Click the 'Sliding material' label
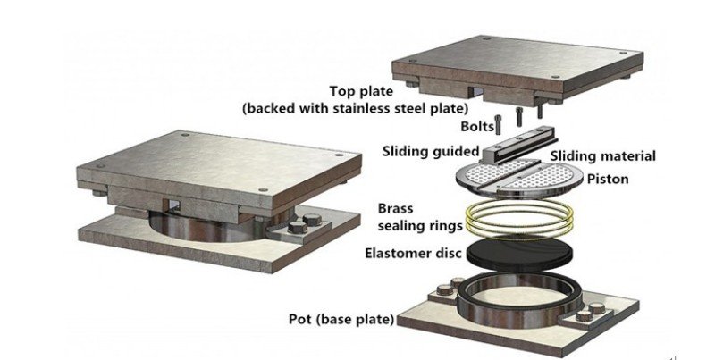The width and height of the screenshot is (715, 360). click(602, 156)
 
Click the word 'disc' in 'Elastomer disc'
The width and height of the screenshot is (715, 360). click(447, 253)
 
